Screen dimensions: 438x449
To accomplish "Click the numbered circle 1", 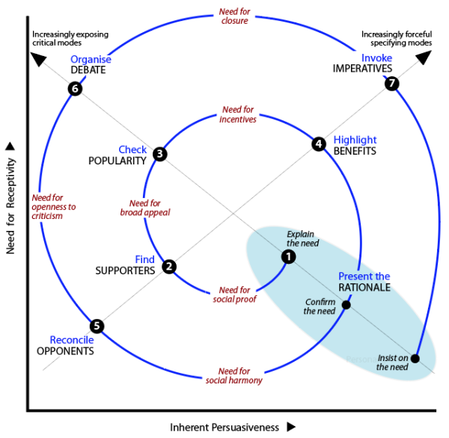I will (288, 256).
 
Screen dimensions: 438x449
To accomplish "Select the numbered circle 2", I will (169, 266).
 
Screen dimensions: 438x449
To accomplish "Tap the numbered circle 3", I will (159, 154).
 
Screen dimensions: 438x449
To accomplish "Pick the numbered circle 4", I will (319, 144).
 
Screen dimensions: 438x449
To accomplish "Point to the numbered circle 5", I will (97, 326).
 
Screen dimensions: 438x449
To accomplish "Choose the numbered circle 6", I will (74, 89).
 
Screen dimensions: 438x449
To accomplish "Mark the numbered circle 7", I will (391, 83).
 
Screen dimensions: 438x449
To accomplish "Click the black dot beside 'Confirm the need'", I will (346, 304).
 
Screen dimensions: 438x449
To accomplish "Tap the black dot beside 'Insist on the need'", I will (415, 358).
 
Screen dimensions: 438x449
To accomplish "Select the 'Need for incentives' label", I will (239, 114).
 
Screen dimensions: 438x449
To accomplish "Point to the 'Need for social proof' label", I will (234, 294).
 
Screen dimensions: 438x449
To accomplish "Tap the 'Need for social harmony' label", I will (234, 376).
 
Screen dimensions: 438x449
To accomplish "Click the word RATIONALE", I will (364, 289).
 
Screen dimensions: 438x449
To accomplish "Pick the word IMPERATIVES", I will (363, 69).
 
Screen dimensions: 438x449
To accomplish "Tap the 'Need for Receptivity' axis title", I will (10, 198).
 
